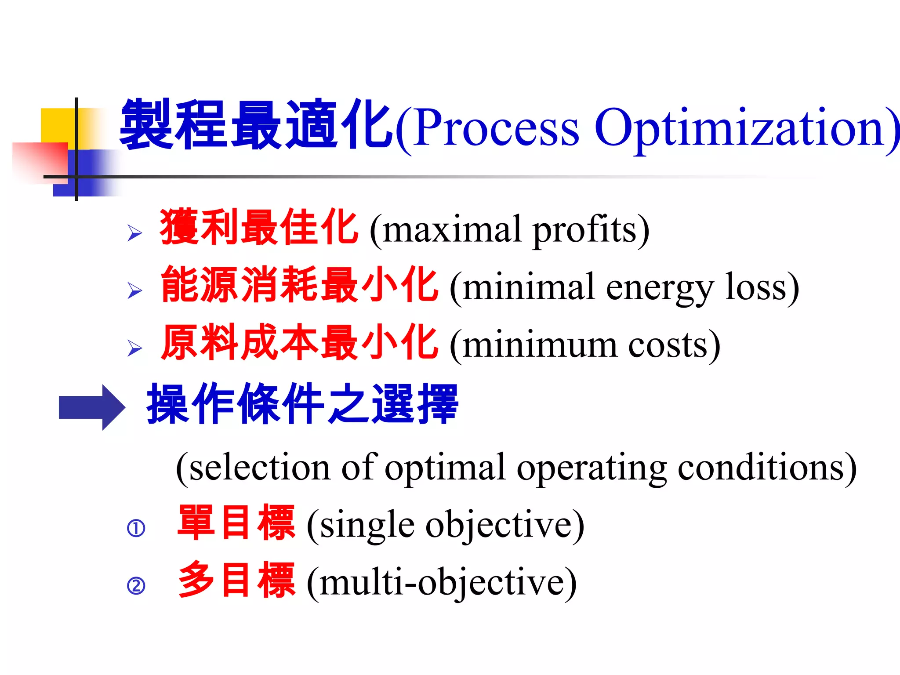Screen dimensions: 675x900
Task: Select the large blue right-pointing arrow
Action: tap(92, 407)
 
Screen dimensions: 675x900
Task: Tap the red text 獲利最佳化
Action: tap(258, 227)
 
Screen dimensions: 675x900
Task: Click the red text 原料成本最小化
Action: tap(299, 343)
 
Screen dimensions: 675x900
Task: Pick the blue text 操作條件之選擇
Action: tap(302, 404)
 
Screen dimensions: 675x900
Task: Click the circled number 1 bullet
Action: tap(136, 528)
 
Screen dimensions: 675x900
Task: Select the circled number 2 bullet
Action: tap(136, 586)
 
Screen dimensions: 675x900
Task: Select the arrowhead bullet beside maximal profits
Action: tap(134, 232)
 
